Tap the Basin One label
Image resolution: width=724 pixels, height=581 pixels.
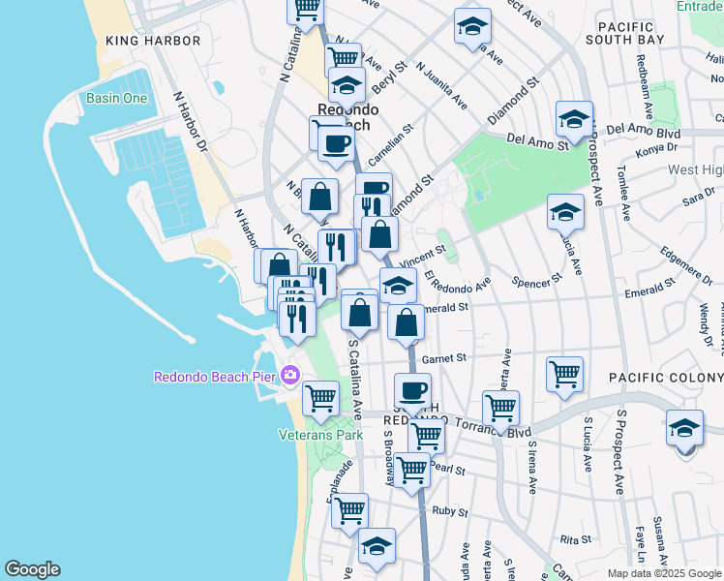[116, 98]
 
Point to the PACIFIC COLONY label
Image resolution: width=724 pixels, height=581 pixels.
[665, 376]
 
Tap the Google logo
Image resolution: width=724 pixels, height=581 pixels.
[32, 569]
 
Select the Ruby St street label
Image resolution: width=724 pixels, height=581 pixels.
[450, 511]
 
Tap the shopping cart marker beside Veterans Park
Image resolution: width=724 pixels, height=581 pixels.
[320, 397]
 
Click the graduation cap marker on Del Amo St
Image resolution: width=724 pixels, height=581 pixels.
[574, 120]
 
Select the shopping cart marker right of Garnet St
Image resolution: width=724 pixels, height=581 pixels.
[564, 373]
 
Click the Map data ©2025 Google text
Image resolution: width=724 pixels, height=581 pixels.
[663, 573]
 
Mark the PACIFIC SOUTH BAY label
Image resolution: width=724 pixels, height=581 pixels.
[630, 33]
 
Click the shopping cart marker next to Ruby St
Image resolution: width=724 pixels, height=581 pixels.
[349, 509]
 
